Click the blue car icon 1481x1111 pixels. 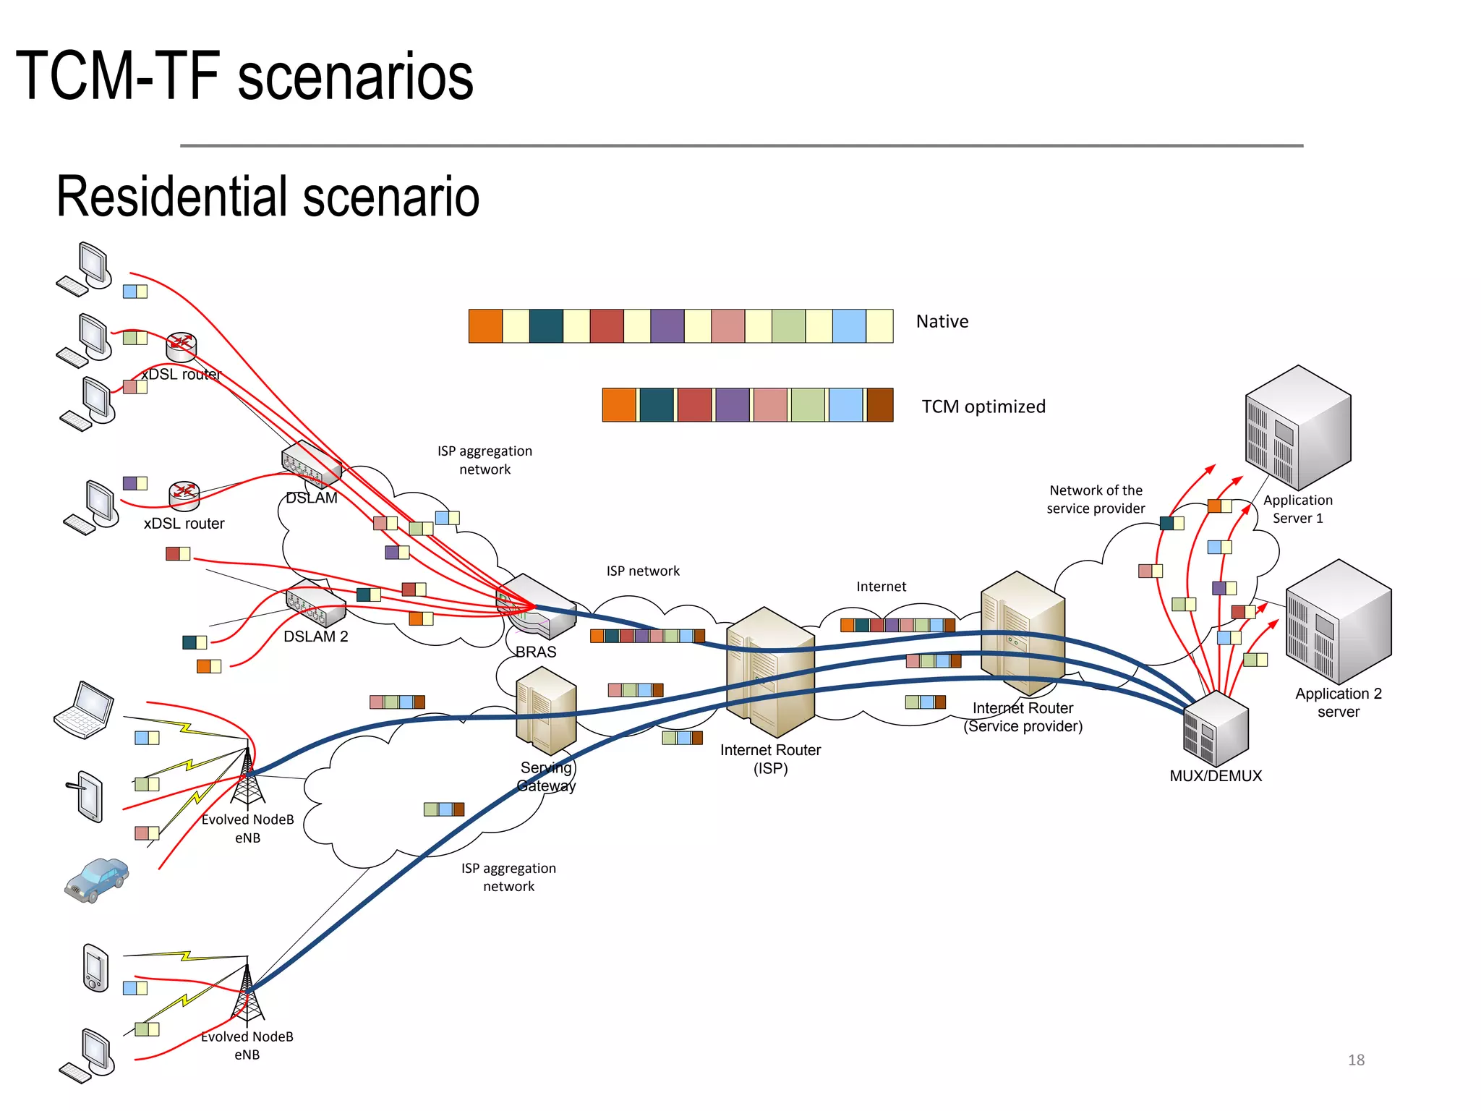96,880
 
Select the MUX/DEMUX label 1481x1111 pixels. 1216,776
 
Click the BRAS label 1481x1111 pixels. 536,652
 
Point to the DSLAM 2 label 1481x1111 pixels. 315,637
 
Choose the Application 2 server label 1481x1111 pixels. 1338,702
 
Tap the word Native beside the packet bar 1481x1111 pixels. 942,321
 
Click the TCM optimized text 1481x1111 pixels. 983,406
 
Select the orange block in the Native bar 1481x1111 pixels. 485,325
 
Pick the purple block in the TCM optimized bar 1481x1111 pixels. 733,405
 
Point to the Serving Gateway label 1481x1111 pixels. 546,777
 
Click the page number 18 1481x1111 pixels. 1356,1060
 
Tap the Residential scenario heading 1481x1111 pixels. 268,197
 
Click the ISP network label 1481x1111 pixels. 643,571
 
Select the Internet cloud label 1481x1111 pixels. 881,587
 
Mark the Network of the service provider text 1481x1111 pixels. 1096,499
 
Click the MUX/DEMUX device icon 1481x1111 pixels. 1216,728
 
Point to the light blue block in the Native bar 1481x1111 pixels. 849,325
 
